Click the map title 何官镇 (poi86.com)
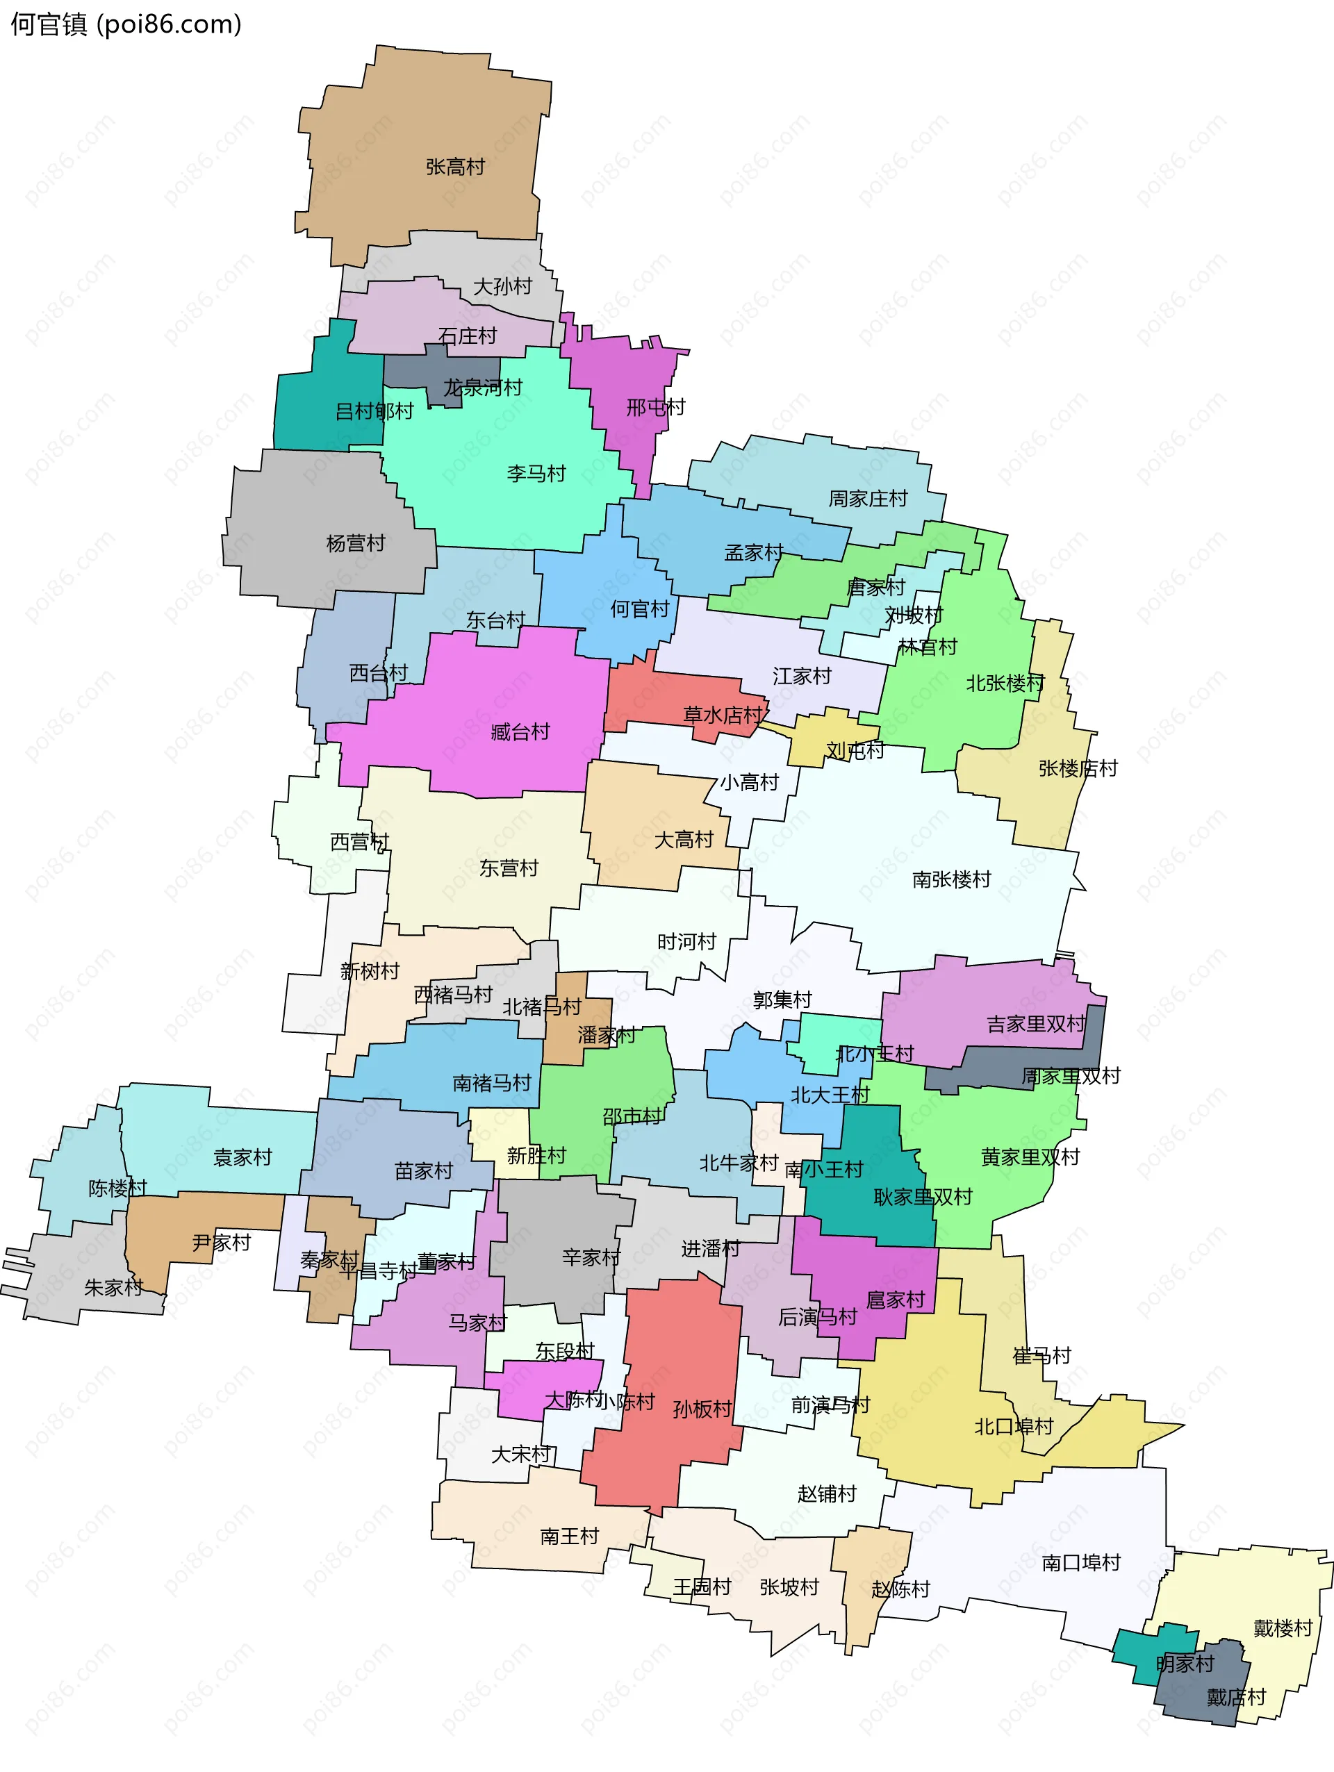[126, 25]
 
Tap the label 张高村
[455, 167]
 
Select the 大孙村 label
[502, 286]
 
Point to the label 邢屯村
[655, 407]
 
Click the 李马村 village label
[536, 474]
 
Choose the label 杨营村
[356, 543]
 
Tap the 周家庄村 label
[868, 498]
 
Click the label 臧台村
[520, 731]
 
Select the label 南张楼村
[951, 879]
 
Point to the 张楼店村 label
[1078, 768]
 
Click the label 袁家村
[242, 1157]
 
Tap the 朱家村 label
[114, 1287]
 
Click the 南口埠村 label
[1081, 1562]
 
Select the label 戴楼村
[1283, 1628]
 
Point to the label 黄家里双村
[1030, 1157]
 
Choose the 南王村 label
[569, 1536]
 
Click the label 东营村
[509, 868]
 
